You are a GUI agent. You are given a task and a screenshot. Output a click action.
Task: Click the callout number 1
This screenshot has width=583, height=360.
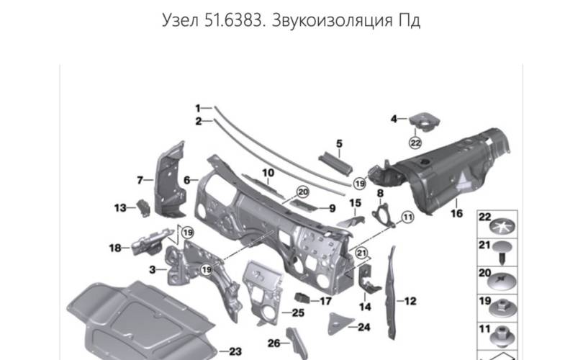click(198, 107)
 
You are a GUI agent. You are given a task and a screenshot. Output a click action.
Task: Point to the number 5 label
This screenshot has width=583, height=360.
click(338, 143)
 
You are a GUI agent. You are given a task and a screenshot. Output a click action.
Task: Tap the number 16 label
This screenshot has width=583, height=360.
click(456, 213)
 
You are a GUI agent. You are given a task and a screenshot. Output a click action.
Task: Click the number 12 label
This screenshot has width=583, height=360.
click(411, 301)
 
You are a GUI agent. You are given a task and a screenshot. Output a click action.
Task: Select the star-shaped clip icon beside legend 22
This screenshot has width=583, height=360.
click(501, 227)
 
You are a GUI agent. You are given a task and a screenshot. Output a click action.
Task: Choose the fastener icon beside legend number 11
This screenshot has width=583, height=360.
click(501, 335)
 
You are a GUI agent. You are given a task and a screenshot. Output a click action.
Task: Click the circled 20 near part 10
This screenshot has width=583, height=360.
click(302, 192)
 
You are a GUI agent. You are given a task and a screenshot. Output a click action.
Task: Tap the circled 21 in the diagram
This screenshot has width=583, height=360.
click(361, 251)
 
